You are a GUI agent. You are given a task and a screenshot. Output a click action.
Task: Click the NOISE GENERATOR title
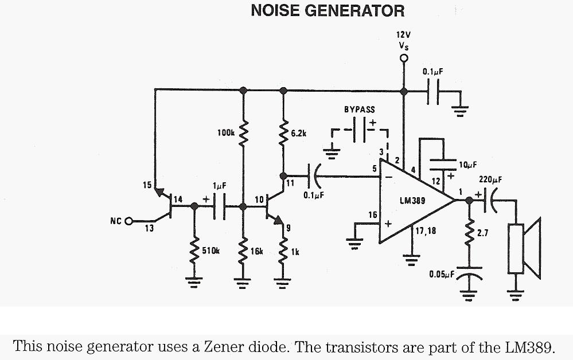click(x=328, y=11)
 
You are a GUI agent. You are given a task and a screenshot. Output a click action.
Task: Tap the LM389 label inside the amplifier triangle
click(x=411, y=201)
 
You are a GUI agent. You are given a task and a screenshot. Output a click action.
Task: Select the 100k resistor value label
click(x=225, y=133)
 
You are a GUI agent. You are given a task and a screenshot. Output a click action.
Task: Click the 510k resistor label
click(x=211, y=251)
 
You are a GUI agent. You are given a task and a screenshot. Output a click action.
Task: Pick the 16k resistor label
click(x=256, y=251)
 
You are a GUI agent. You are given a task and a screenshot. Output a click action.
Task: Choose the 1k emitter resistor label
click(x=295, y=251)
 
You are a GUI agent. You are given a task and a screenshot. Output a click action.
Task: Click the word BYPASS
click(x=359, y=109)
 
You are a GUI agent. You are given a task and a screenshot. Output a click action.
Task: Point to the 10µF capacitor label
click(x=469, y=165)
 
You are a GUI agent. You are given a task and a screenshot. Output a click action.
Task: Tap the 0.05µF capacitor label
click(x=442, y=275)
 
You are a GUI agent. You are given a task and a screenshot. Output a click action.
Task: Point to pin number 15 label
click(x=147, y=185)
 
